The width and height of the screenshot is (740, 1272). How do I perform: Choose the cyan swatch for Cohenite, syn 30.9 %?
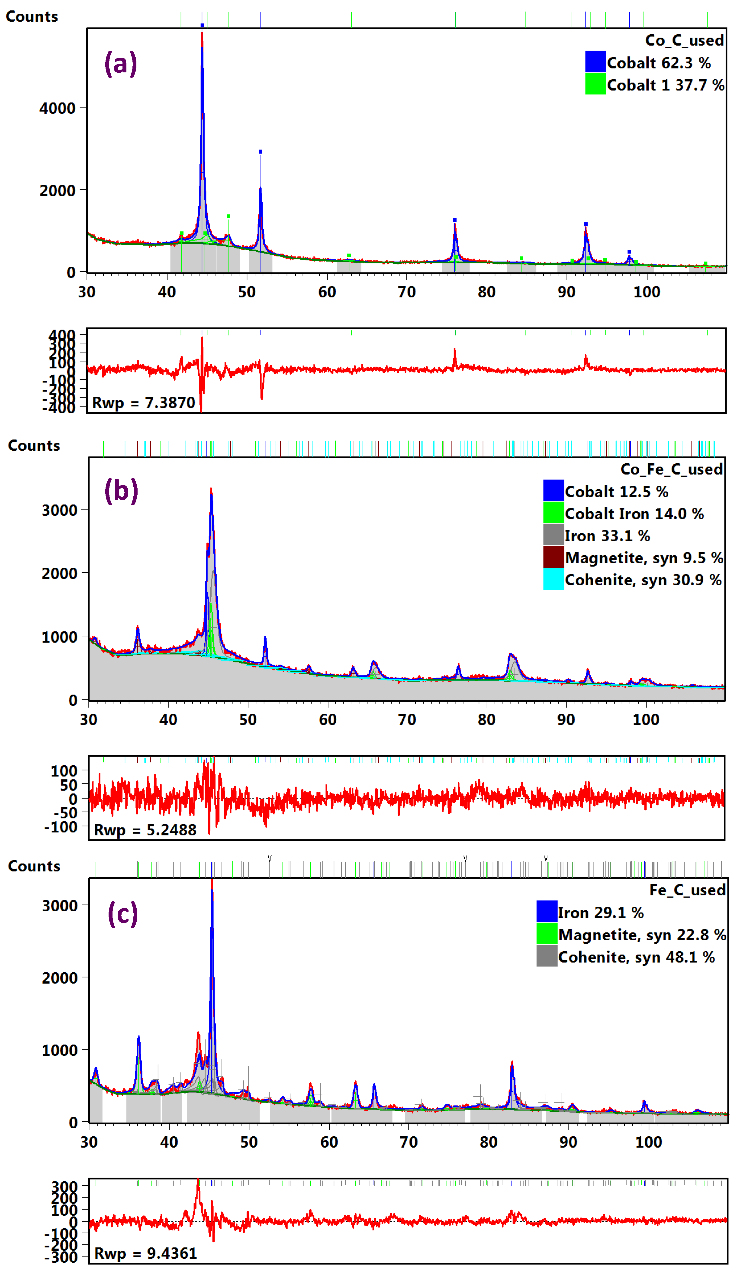(x=553, y=579)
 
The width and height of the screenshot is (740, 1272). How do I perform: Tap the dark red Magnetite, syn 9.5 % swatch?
(x=553, y=557)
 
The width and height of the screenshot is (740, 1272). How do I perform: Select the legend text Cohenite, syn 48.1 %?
(x=636, y=957)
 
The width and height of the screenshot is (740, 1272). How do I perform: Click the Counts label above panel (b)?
(x=34, y=446)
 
